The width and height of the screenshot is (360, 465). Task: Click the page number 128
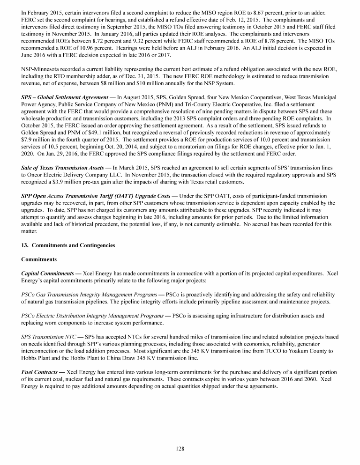[180, 448]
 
